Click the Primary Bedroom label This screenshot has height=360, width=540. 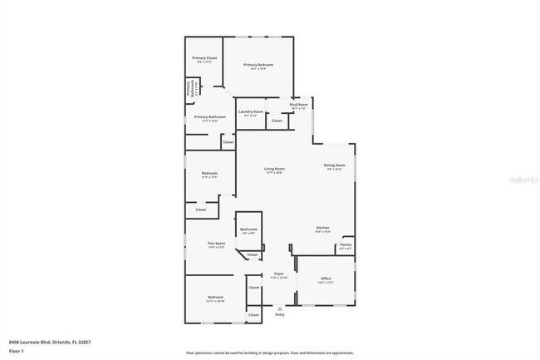tap(258, 66)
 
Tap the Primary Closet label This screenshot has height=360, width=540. tap(204, 59)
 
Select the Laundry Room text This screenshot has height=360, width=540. tap(251, 112)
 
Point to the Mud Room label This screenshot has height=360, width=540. tap(299, 106)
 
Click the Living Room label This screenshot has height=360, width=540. tap(275, 170)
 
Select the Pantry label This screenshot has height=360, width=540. tap(346, 245)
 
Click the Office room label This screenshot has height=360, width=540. tap(326, 280)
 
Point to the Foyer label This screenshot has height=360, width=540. tap(279, 275)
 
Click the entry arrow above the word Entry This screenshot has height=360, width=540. tap(279, 308)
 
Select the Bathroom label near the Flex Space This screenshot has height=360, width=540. tap(248, 230)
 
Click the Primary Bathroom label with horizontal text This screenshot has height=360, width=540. tap(210, 118)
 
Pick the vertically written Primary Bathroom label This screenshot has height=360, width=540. tap(189, 88)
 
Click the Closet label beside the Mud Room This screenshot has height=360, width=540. tap(277, 121)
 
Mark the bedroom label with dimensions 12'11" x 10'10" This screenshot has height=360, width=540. tap(216, 298)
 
